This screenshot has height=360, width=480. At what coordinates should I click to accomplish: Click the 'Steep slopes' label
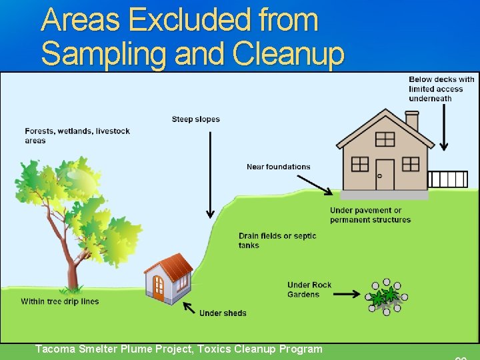[x=195, y=119]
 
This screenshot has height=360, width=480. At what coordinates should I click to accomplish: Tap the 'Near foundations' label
[x=278, y=167]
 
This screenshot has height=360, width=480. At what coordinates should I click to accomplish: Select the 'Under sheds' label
[x=223, y=313]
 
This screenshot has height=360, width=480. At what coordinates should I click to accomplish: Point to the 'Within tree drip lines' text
[x=59, y=301]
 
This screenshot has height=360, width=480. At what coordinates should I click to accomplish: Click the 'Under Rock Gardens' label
[x=309, y=289]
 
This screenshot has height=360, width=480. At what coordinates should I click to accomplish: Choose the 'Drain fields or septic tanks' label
[x=277, y=240]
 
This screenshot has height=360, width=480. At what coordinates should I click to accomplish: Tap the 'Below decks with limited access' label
[x=441, y=89]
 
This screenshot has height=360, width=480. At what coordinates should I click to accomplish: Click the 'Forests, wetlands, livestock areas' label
[x=77, y=135]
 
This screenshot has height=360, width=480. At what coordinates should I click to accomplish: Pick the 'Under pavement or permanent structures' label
[x=370, y=215]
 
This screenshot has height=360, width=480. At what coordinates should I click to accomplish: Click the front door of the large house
[x=384, y=174]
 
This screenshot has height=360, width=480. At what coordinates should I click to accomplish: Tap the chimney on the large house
[x=412, y=121]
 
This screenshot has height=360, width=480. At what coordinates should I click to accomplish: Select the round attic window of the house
[x=385, y=139]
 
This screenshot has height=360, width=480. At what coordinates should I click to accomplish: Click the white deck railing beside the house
[x=447, y=179]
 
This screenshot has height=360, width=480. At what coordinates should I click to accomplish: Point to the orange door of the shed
[x=159, y=287]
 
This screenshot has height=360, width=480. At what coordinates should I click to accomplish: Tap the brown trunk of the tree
[x=71, y=260]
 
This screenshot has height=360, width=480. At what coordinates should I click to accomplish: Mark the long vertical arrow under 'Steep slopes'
[x=210, y=173]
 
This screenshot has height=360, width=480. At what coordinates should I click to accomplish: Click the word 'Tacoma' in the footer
[x=56, y=349]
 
